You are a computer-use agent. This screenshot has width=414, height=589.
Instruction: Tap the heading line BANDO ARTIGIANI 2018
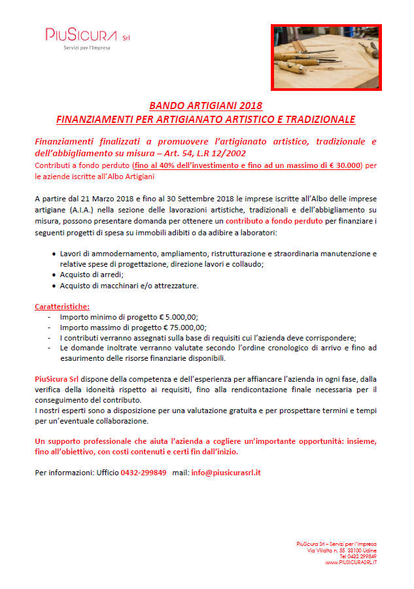[x=205, y=106]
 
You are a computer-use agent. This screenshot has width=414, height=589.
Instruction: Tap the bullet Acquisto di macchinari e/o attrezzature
[x=128, y=286]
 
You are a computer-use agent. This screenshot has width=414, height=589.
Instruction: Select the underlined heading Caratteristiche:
[x=62, y=306]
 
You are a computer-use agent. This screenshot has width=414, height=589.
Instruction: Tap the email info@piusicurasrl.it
[x=226, y=472]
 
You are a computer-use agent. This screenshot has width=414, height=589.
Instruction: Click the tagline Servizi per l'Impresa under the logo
[x=86, y=48]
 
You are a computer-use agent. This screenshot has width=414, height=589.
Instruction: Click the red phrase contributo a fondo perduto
[x=274, y=222]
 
